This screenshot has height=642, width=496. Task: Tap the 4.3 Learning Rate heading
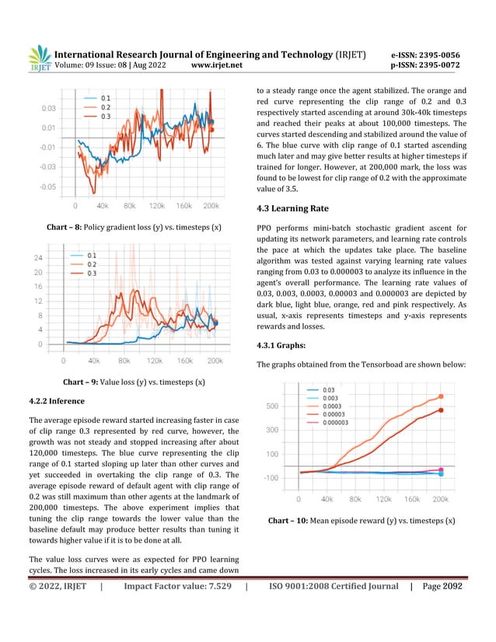[298, 209]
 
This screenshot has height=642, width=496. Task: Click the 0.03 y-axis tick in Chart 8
[48, 108]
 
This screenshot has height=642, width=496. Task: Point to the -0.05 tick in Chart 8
[47, 187]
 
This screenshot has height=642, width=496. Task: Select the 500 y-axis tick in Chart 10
[272, 406]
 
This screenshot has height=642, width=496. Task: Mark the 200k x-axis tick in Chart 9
[215, 361]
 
